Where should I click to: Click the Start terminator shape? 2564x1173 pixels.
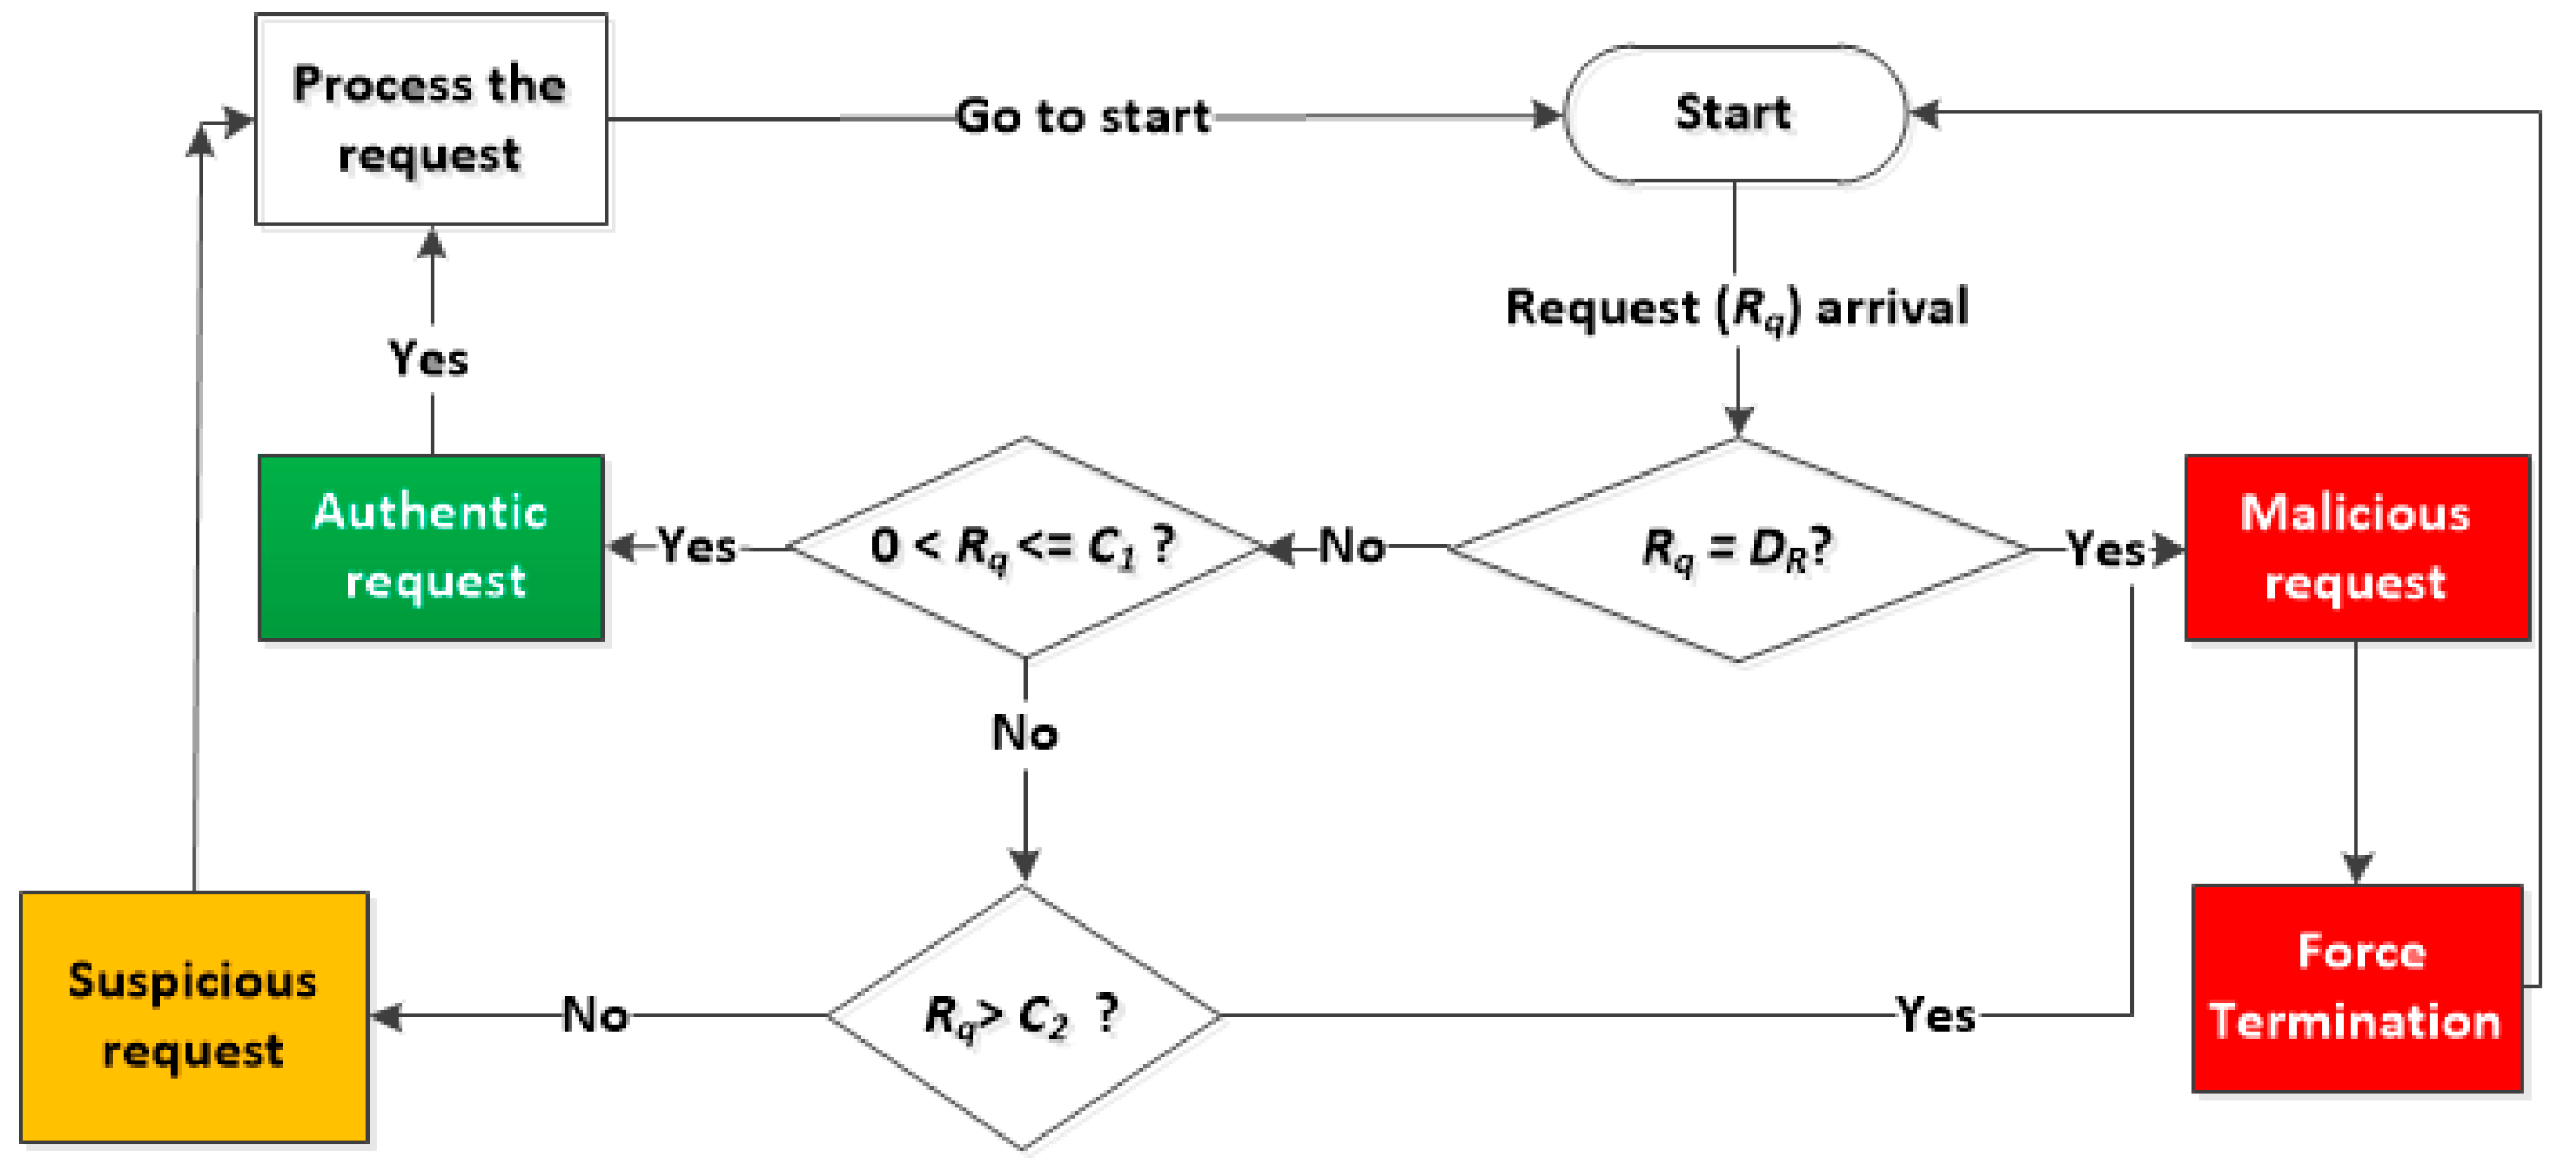(x=1734, y=113)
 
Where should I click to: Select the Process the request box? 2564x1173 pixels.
(x=430, y=119)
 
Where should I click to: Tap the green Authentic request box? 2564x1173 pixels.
(x=430, y=547)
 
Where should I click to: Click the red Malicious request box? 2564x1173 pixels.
(x=2356, y=547)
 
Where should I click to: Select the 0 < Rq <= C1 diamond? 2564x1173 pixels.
(x=1025, y=547)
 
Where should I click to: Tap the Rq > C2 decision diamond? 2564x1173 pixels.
(x=1023, y=1016)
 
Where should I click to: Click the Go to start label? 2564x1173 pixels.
(x=1083, y=117)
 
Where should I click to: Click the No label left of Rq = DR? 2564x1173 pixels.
(x=1352, y=546)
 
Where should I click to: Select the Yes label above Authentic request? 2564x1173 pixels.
(x=428, y=358)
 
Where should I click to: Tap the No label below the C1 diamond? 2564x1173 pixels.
(x=1025, y=733)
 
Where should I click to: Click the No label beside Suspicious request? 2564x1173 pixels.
(x=595, y=1016)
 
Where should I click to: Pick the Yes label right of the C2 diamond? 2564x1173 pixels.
(x=1935, y=1016)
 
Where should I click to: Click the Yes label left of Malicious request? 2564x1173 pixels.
(x=2105, y=549)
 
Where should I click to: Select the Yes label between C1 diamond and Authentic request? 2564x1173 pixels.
(x=697, y=546)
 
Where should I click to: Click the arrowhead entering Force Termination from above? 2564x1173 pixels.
(x=2356, y=868)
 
